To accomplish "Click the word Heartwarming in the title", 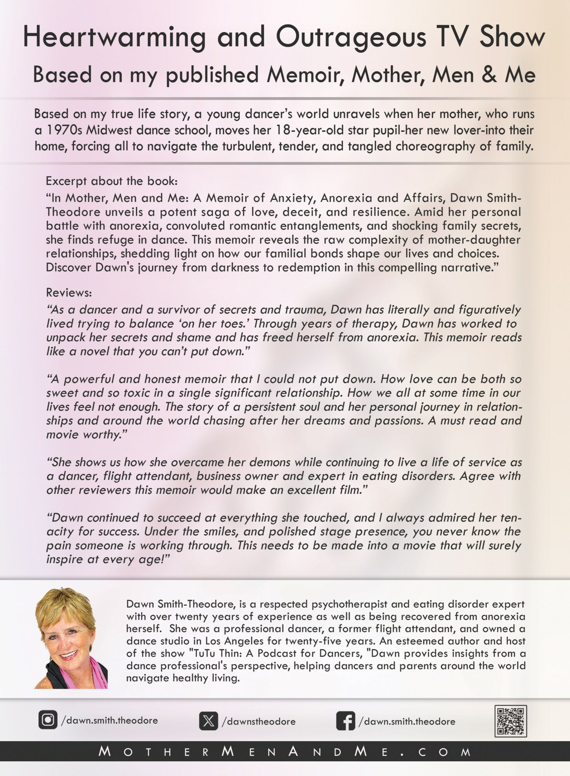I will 114,38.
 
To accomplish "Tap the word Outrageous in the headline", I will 351,38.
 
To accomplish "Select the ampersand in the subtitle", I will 489,74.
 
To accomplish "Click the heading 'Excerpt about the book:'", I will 112,181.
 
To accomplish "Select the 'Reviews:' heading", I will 69,293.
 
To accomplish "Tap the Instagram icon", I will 48,720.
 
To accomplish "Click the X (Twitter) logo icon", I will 208,721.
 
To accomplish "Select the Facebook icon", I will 345,721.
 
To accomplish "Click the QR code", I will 510,721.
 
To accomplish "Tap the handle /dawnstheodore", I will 258,722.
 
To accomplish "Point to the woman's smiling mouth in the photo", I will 68,655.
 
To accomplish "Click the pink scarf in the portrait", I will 97,675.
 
